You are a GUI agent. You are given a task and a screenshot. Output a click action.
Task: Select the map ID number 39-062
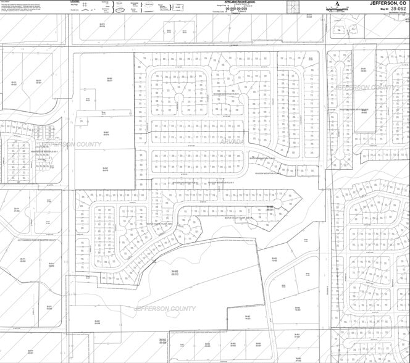coord(395,9)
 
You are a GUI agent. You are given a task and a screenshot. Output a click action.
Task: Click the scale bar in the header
coord(340,5)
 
